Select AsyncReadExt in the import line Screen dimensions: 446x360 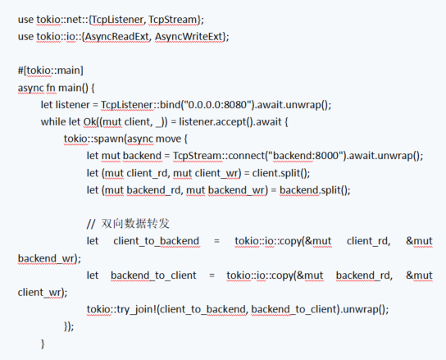tap(116, 37)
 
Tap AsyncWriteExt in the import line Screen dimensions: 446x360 tap(189, 37)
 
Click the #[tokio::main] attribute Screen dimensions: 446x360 tap(51, 71)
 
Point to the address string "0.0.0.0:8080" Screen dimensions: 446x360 tap(217, 105)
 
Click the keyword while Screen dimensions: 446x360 tap(53, 122)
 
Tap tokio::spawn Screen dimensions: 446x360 tap(93, 139)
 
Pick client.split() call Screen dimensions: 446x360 tap(280, 173)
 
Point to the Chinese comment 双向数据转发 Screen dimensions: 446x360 tap(135, 224)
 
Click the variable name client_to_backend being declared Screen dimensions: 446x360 tap(156, 241)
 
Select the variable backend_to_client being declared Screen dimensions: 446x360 tap(153, 276)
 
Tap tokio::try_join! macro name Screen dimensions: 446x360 tap(121, 309)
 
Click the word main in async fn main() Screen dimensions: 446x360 tap(70, 88)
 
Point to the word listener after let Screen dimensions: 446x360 tap(73, 105)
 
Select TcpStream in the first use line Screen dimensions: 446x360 tap(173, 20)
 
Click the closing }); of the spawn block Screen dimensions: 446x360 tap(69, 326)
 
